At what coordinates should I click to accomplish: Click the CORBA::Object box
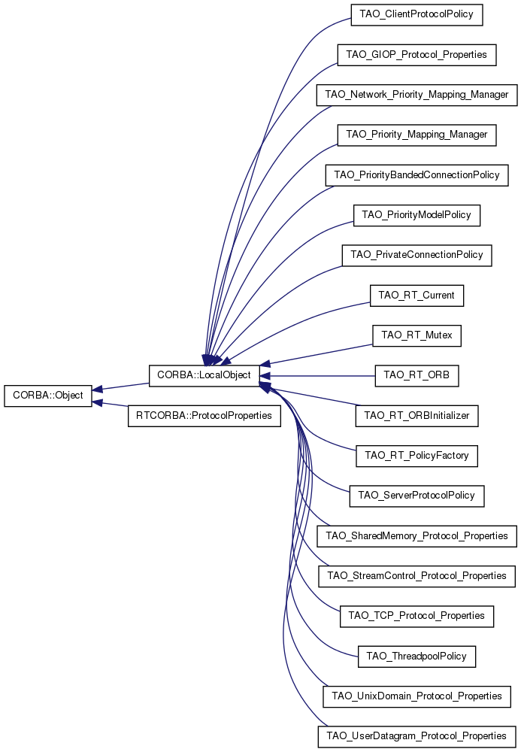48,396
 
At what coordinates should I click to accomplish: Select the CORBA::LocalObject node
204,375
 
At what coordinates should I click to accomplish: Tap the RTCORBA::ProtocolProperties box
204,416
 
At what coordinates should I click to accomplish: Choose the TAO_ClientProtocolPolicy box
416,14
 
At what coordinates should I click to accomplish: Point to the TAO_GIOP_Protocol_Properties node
416,55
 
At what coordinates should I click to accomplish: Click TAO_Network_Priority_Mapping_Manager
416,95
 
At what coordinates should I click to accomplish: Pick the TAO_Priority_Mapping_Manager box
416,135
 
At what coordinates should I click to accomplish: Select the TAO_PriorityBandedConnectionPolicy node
416,175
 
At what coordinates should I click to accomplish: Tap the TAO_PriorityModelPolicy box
416,215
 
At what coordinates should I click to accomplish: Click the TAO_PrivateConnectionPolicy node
416,255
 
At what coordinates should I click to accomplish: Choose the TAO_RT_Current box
416,296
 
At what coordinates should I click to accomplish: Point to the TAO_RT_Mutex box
416,335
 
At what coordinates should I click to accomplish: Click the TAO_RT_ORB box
416,375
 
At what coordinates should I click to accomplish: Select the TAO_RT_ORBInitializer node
416,416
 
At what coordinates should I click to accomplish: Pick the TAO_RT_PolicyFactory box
416,456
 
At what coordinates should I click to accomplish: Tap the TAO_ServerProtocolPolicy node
416,496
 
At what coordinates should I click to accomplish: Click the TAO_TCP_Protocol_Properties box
416,617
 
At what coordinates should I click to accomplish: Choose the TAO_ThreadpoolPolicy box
416,656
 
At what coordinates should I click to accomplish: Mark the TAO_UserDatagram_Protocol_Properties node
416,737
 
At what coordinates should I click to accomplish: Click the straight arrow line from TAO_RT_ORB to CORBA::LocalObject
317,376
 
